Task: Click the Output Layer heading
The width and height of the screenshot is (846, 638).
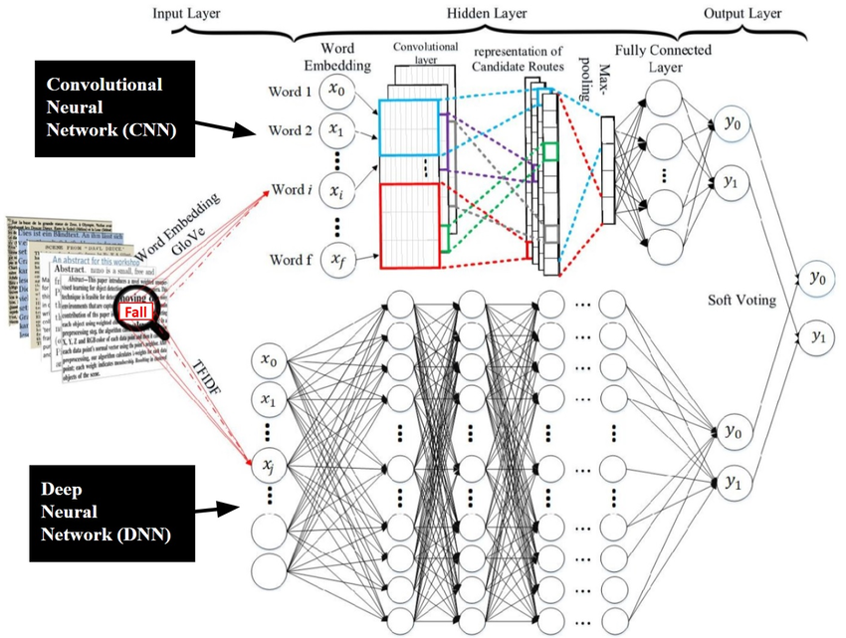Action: (x=742, y=14)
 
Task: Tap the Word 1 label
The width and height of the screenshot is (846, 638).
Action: (x=290, y=93)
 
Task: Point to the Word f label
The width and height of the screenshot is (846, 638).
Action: (x=291, y=261)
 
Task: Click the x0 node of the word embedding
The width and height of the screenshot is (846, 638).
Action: (x=337, y=93)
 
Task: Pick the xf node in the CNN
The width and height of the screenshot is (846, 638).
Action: (x=337, y=261)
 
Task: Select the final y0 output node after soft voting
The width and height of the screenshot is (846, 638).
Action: (x=817, y=278)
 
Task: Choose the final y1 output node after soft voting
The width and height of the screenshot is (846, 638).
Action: (x=817, y=336)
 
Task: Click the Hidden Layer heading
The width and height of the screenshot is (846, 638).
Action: (x=484, y=14)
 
